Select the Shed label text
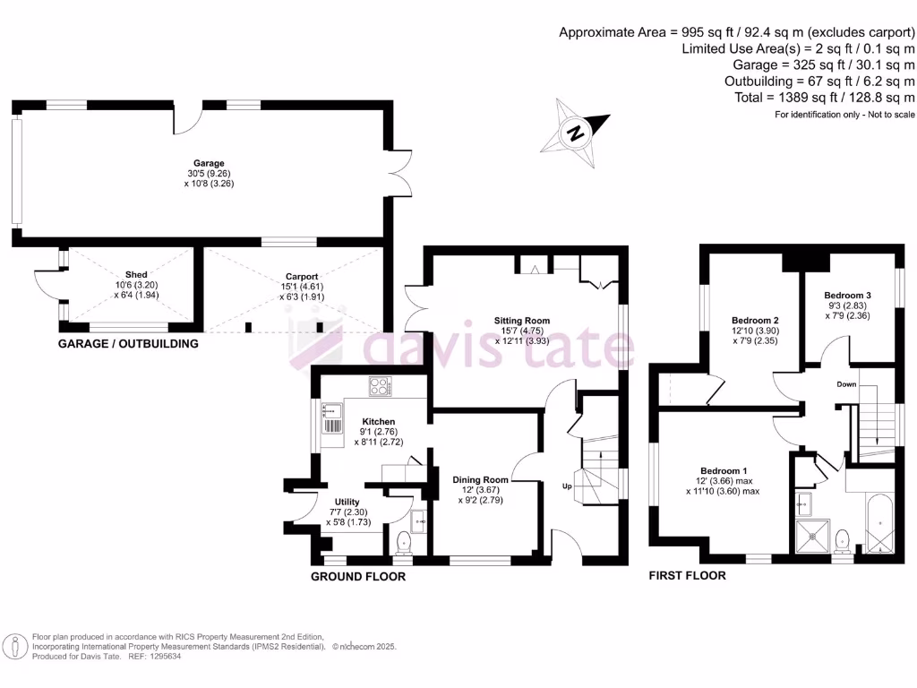(136, 274)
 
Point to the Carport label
(302, 277)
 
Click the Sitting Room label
(522, 320)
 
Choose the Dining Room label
(480, 479)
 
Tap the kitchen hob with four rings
(381, 387)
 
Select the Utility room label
(347, 503)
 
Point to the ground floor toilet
(404, 540)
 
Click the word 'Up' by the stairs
(566, 486)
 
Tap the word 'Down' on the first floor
(846, 384)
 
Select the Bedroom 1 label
(724, 471)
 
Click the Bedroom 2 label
(755, 320)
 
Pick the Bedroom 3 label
(847, 296)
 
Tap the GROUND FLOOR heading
(357, 577)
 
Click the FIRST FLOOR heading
(687, 575)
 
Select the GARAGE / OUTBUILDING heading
(128, 344)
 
